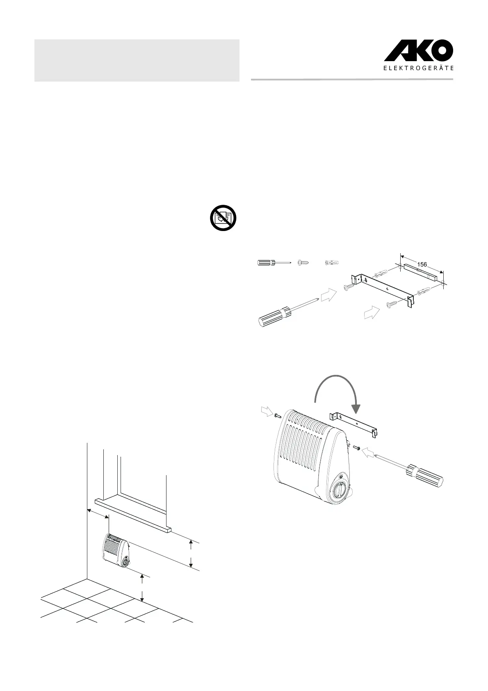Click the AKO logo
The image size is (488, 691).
tap(418, 52)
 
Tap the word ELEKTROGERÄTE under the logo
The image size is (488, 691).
tap(418, 69)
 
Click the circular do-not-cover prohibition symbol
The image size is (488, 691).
tap(223, 218)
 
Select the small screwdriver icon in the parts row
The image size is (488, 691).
tap(273, 262)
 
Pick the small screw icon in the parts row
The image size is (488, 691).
tap(304, 262)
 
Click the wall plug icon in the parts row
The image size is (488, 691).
tap(332, 262)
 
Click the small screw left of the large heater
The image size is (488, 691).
tap(277, 416)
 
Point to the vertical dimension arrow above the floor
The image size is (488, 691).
tap(142, 588)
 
